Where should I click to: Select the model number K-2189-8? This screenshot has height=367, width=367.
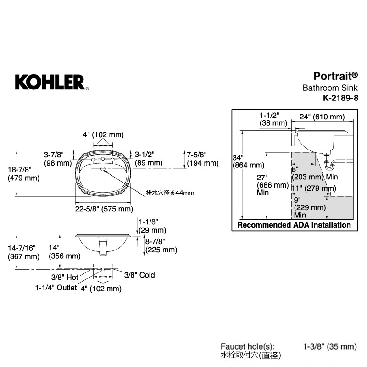pos(340,98)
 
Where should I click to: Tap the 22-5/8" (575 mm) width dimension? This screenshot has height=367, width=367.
pos(104,209)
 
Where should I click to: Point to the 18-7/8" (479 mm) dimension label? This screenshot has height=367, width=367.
pos(23,174)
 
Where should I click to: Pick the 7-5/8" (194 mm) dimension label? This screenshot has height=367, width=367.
pos(203,159)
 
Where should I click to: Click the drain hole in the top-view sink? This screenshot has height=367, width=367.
pos(103,169)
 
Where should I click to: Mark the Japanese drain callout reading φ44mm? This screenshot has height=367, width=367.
pos(170,193)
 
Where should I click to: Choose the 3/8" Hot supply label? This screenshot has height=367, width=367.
pos(65,277)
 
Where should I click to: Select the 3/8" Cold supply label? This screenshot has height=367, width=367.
pos(139,275)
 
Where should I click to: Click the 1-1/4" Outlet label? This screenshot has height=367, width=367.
pos(56,288)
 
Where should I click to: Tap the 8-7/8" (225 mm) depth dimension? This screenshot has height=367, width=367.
pos(161,245)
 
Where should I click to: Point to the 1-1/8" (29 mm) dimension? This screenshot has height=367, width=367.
pos(152,226)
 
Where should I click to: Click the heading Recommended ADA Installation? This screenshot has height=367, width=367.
pos(294,225)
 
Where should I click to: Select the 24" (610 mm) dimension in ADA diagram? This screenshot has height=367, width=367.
pos(323,117)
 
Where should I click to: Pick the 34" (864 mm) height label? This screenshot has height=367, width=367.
pos(248,161)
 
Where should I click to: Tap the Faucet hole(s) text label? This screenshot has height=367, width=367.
pos(248,346)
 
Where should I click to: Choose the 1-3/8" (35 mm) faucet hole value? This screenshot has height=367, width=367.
pos(330,346)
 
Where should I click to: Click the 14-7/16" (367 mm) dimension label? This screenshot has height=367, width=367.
pos(23,252)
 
